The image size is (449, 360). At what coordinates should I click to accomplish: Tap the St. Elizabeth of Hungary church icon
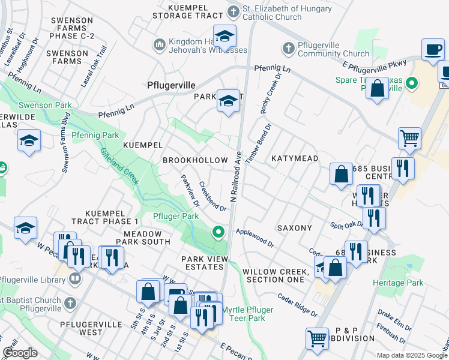234,11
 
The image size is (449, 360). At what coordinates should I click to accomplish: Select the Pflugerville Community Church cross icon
288,47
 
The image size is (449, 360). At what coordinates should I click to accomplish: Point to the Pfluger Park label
175,216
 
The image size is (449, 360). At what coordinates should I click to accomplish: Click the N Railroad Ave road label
235,175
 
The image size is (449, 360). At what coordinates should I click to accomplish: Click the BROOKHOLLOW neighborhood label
195,160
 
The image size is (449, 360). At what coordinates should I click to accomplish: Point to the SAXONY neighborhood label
294,228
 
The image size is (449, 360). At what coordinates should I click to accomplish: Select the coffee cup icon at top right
433,49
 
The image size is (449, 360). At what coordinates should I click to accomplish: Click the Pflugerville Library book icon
74,278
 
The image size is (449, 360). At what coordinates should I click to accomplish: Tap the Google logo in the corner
20,353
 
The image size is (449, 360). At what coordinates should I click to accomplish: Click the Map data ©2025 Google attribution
411,355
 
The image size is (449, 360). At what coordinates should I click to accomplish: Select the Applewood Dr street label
255,238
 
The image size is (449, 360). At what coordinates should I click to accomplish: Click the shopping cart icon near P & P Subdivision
317,338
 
